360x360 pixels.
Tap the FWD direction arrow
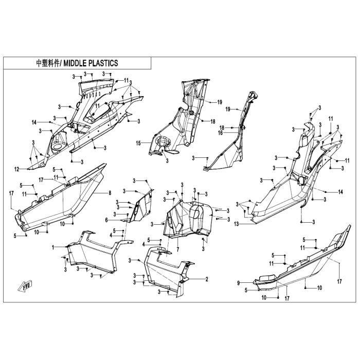[25, 286]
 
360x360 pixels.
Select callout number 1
[53, 247]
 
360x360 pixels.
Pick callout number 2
[207, 279]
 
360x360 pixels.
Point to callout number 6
[106, 220]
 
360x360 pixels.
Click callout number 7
[178, 249]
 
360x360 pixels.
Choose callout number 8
[110, 193]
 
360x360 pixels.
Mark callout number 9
[238, 283]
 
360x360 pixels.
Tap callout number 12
[17, 169]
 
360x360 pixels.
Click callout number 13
[237, 224]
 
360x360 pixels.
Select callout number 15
[138, 143]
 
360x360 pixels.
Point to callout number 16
[221, 133]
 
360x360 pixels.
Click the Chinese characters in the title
[48, 63]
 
